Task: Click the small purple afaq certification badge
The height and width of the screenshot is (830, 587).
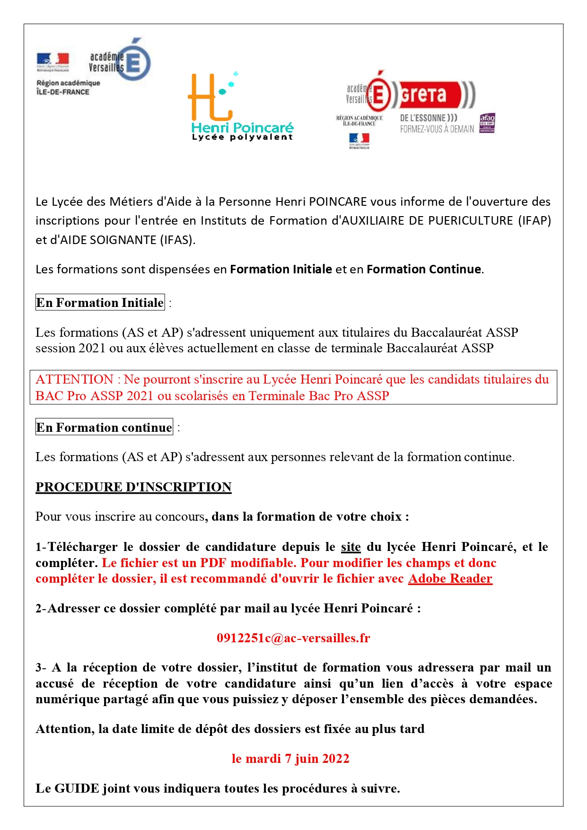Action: (x=487, y=123)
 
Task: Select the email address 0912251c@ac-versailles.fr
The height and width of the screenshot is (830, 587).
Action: (x=293, y=638)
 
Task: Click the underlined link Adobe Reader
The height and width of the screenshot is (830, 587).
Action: (x=450, y=578)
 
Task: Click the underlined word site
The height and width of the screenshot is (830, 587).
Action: (x=350, y=547)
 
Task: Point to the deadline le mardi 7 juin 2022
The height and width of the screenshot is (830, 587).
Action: (x=290, y=759)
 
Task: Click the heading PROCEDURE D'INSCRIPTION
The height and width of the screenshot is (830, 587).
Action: (x=133, y=487)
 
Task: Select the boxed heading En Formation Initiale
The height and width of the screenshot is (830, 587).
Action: (x=100, y=302)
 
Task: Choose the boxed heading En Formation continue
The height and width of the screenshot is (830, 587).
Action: (x=104, y=428)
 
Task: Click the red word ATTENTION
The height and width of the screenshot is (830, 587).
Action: (x=74, y=379)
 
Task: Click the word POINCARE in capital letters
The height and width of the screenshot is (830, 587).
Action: (x=338, y=201)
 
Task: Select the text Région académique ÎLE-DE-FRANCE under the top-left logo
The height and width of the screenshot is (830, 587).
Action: (x=68, y=87)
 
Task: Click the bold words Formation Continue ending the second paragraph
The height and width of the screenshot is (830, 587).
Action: (x=424, y=269)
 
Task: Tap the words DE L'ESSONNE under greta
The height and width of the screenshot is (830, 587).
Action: (x=429, y=118)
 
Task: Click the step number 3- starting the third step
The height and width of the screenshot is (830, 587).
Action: (x=41, y=667)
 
